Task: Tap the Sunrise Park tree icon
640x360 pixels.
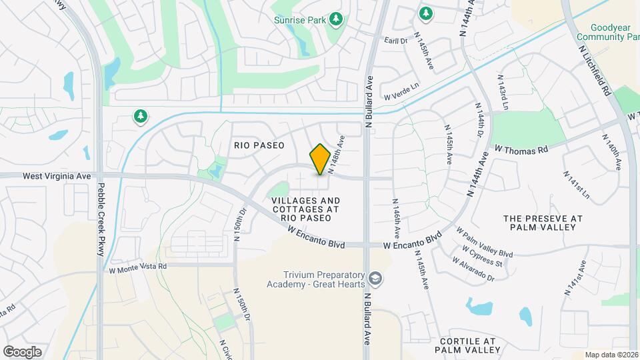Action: [337, 19]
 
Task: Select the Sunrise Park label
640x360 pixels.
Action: [300, 20]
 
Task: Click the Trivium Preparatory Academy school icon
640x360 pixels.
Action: [376, 277]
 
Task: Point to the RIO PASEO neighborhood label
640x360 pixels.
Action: [259, 145]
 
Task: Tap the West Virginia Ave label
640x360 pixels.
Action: [56, 176]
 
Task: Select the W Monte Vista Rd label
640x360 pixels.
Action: [137, 267]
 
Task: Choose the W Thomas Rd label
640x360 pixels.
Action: [521, 149]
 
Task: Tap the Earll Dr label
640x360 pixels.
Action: [395, 41]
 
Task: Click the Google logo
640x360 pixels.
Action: [22, 351]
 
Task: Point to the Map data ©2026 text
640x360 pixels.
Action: [611, 355]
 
